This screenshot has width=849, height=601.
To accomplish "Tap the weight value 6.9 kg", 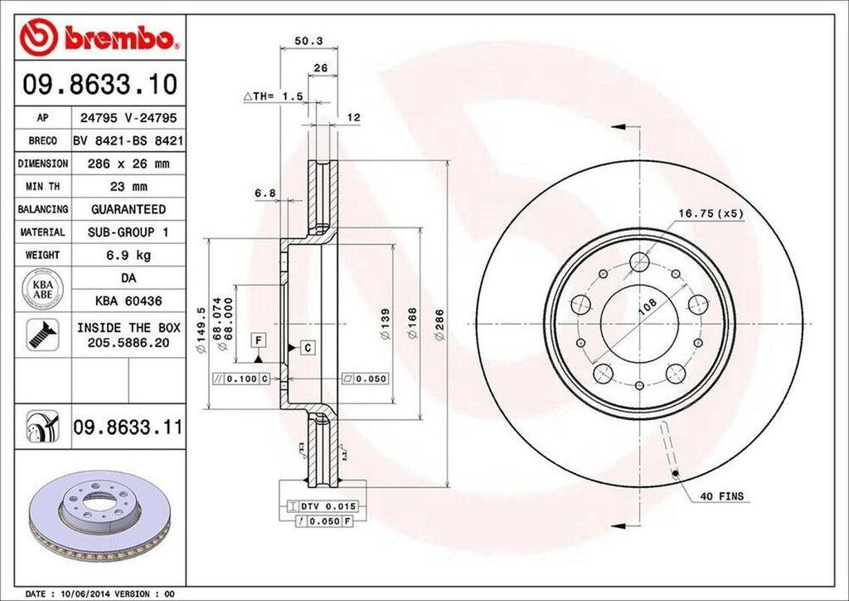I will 128,255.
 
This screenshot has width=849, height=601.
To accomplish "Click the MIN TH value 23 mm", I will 128,187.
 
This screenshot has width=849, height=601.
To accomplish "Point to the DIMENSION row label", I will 42,164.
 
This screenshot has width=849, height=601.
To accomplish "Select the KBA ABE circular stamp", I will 42,287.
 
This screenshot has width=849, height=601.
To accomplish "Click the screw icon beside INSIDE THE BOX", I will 40,333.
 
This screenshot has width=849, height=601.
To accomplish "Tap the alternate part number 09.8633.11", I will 128,428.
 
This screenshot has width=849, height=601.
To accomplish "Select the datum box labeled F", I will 259,340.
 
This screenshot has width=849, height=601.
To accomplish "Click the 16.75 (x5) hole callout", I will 711,213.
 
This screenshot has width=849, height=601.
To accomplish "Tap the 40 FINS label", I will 722,496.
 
